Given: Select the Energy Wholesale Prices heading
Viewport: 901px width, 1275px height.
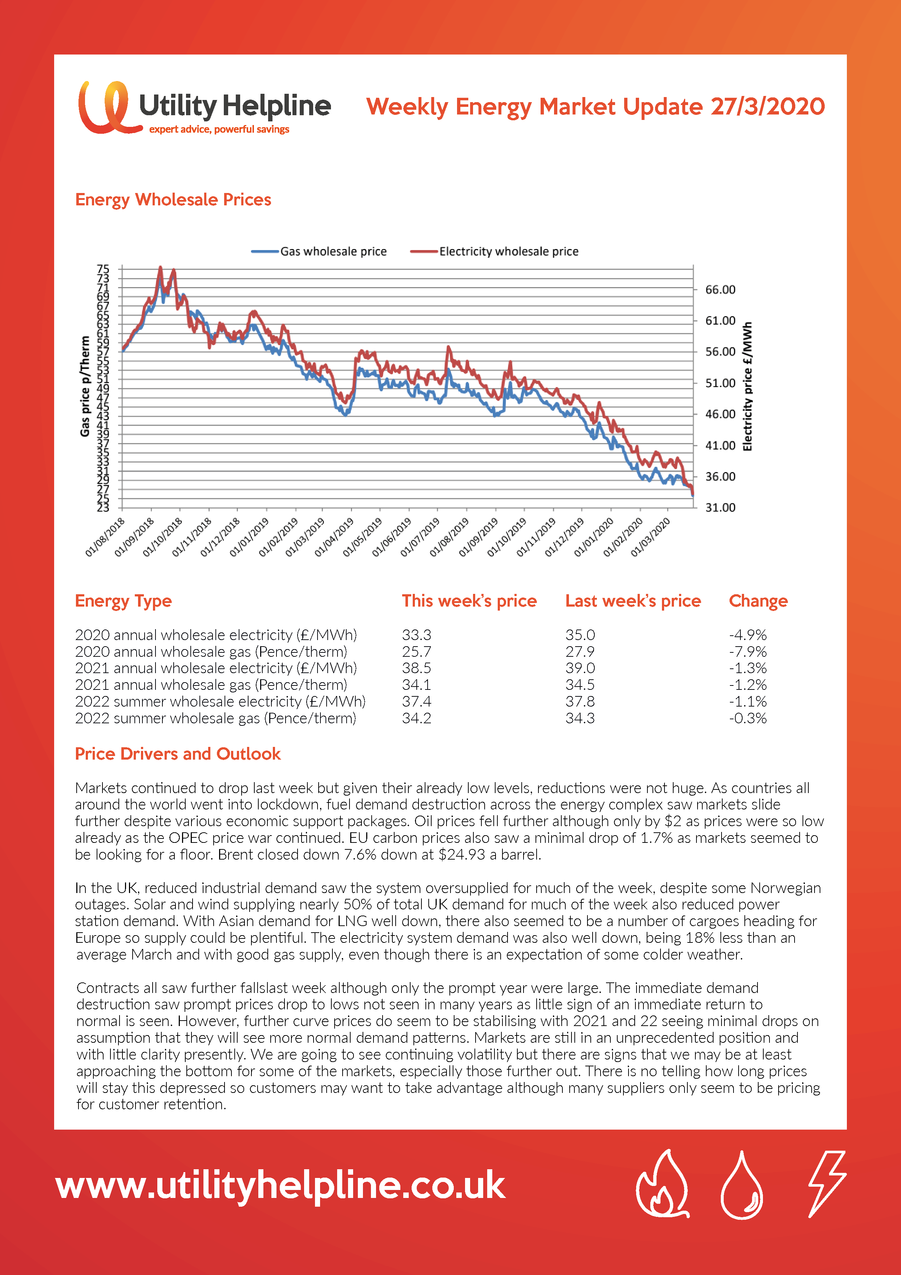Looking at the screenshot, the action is coord(173,200).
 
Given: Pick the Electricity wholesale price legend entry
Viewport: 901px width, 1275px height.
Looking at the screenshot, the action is coord(494,252).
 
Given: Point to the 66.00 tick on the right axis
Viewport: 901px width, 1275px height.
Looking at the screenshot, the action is coord(720,289).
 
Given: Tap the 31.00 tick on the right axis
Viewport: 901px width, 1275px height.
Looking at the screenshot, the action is coord(720,507).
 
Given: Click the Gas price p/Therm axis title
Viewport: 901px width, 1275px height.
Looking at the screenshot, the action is coord(85,386).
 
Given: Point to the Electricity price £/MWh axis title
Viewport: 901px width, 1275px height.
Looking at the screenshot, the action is coord(748,386).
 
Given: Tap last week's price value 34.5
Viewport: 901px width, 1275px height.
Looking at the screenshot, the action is coord(580,685).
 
